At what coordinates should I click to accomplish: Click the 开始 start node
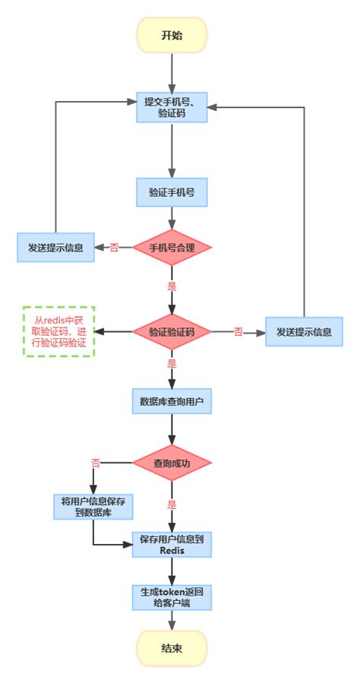pos(172,35)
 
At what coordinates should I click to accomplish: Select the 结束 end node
pos(172,648)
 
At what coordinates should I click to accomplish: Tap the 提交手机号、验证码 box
pos(172,107)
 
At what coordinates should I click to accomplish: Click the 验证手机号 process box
pos(172,193)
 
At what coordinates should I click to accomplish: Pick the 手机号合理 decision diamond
pos(172,247)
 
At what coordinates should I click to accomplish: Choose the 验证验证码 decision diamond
pos(172,332)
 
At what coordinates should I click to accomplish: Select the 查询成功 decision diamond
pos(172,462)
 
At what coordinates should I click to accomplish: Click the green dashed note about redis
pos(58,332)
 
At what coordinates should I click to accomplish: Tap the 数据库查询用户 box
pos(172,400)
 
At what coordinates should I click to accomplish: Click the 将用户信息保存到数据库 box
pos(93,506)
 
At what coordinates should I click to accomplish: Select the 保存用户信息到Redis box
pos(172,544)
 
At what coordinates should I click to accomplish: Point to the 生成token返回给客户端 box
pos(172,596)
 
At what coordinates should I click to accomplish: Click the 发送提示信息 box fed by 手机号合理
pos(55,248)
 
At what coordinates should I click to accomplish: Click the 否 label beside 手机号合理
pos(115,248)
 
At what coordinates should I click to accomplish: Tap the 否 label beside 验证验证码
pos(238,332)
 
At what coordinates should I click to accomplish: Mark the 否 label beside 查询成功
pos(96,462)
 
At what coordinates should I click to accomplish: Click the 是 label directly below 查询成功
pos(172,504)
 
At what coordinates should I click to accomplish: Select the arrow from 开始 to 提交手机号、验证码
pos(172,72)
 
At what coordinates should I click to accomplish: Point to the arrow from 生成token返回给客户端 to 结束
pos(172,621)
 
